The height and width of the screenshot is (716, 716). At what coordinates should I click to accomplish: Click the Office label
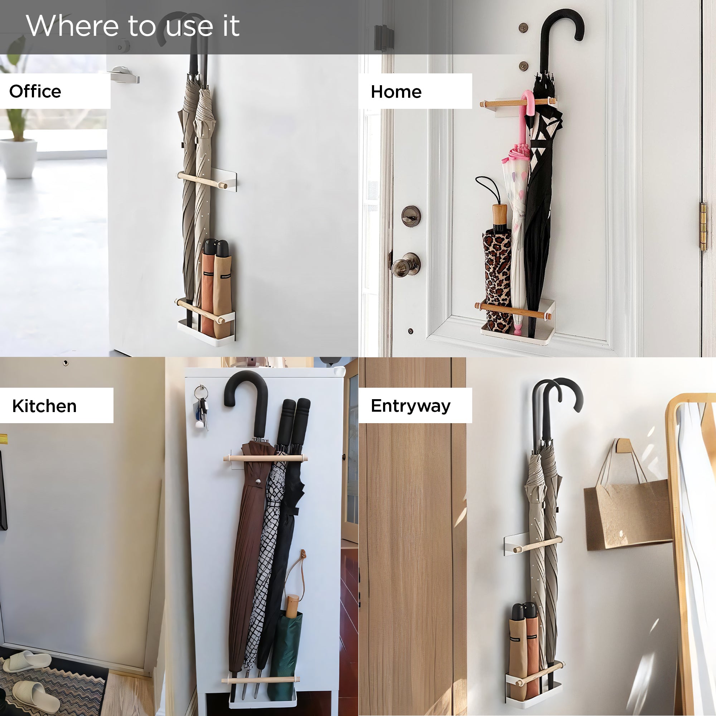tap(35, 91)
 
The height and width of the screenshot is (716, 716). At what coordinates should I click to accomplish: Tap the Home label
tap(396, 92)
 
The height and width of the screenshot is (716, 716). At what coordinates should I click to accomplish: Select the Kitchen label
tap(44, 406)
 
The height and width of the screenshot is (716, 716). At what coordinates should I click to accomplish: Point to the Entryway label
tap(411, 406)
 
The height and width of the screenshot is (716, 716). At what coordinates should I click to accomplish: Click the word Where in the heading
tap(72, 25)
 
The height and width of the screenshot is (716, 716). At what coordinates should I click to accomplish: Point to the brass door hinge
tap(703, 227)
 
